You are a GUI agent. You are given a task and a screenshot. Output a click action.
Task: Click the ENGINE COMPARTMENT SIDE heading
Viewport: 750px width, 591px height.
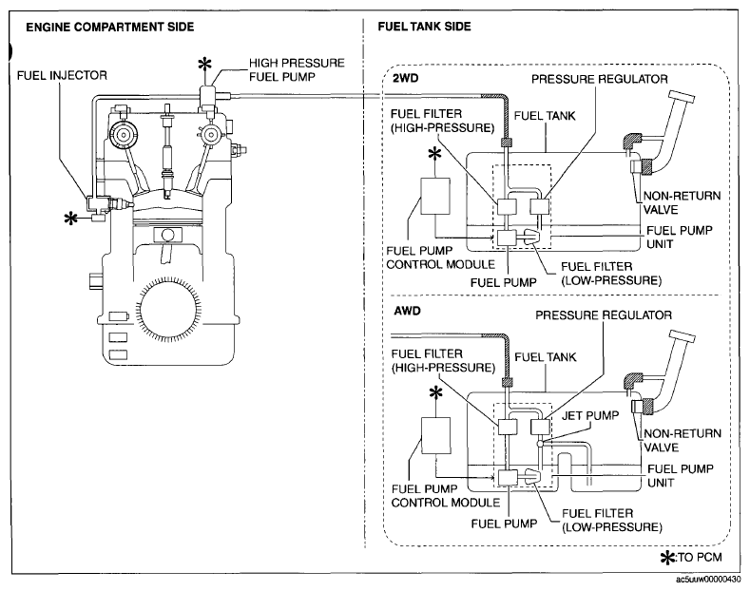[x=110, y=27]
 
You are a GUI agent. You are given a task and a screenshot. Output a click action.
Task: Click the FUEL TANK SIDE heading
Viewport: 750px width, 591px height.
[x=424, y=27]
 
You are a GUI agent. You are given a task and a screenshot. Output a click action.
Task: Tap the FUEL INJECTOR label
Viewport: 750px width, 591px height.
[x=62, y=76]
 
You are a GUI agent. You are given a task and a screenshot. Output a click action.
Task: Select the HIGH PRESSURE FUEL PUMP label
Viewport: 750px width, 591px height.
[x=297, y=69]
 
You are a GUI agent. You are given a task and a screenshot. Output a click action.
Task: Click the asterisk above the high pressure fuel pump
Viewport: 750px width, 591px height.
[x=204, y=64]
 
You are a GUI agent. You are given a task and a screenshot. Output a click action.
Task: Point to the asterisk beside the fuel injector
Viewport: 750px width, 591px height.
[x=70, y=219]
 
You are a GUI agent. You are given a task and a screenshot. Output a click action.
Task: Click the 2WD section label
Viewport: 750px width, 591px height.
[x=406, y=78]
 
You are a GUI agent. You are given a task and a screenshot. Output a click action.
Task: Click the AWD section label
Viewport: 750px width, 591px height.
[x=407, y=312]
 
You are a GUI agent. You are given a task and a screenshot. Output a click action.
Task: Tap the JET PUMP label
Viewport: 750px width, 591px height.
[x=590, y=415]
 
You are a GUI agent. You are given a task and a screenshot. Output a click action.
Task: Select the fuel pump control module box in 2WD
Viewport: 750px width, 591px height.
[x=434, y=196]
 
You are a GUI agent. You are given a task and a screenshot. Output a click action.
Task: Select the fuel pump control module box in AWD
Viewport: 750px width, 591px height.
[x=435, y=435]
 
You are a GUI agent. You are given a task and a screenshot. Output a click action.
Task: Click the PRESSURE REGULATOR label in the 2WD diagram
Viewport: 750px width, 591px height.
[x=599, y=79]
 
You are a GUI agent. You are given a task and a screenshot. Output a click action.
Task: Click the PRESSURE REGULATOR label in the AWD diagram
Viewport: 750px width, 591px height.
[x=604, y=315]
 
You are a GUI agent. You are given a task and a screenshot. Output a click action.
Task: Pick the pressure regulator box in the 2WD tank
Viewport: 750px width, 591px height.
[x=539, y=206]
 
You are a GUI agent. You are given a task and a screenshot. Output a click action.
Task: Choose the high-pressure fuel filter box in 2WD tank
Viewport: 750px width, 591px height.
[x=507, y=206]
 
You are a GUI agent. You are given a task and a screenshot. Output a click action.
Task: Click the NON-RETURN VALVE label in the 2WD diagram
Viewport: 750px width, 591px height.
[x=682, y=202]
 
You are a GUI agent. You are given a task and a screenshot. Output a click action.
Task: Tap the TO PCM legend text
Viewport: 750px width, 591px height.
[x=700, y=557]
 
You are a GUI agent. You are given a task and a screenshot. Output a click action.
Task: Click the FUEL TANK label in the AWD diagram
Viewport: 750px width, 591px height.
[x=546, y=357]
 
